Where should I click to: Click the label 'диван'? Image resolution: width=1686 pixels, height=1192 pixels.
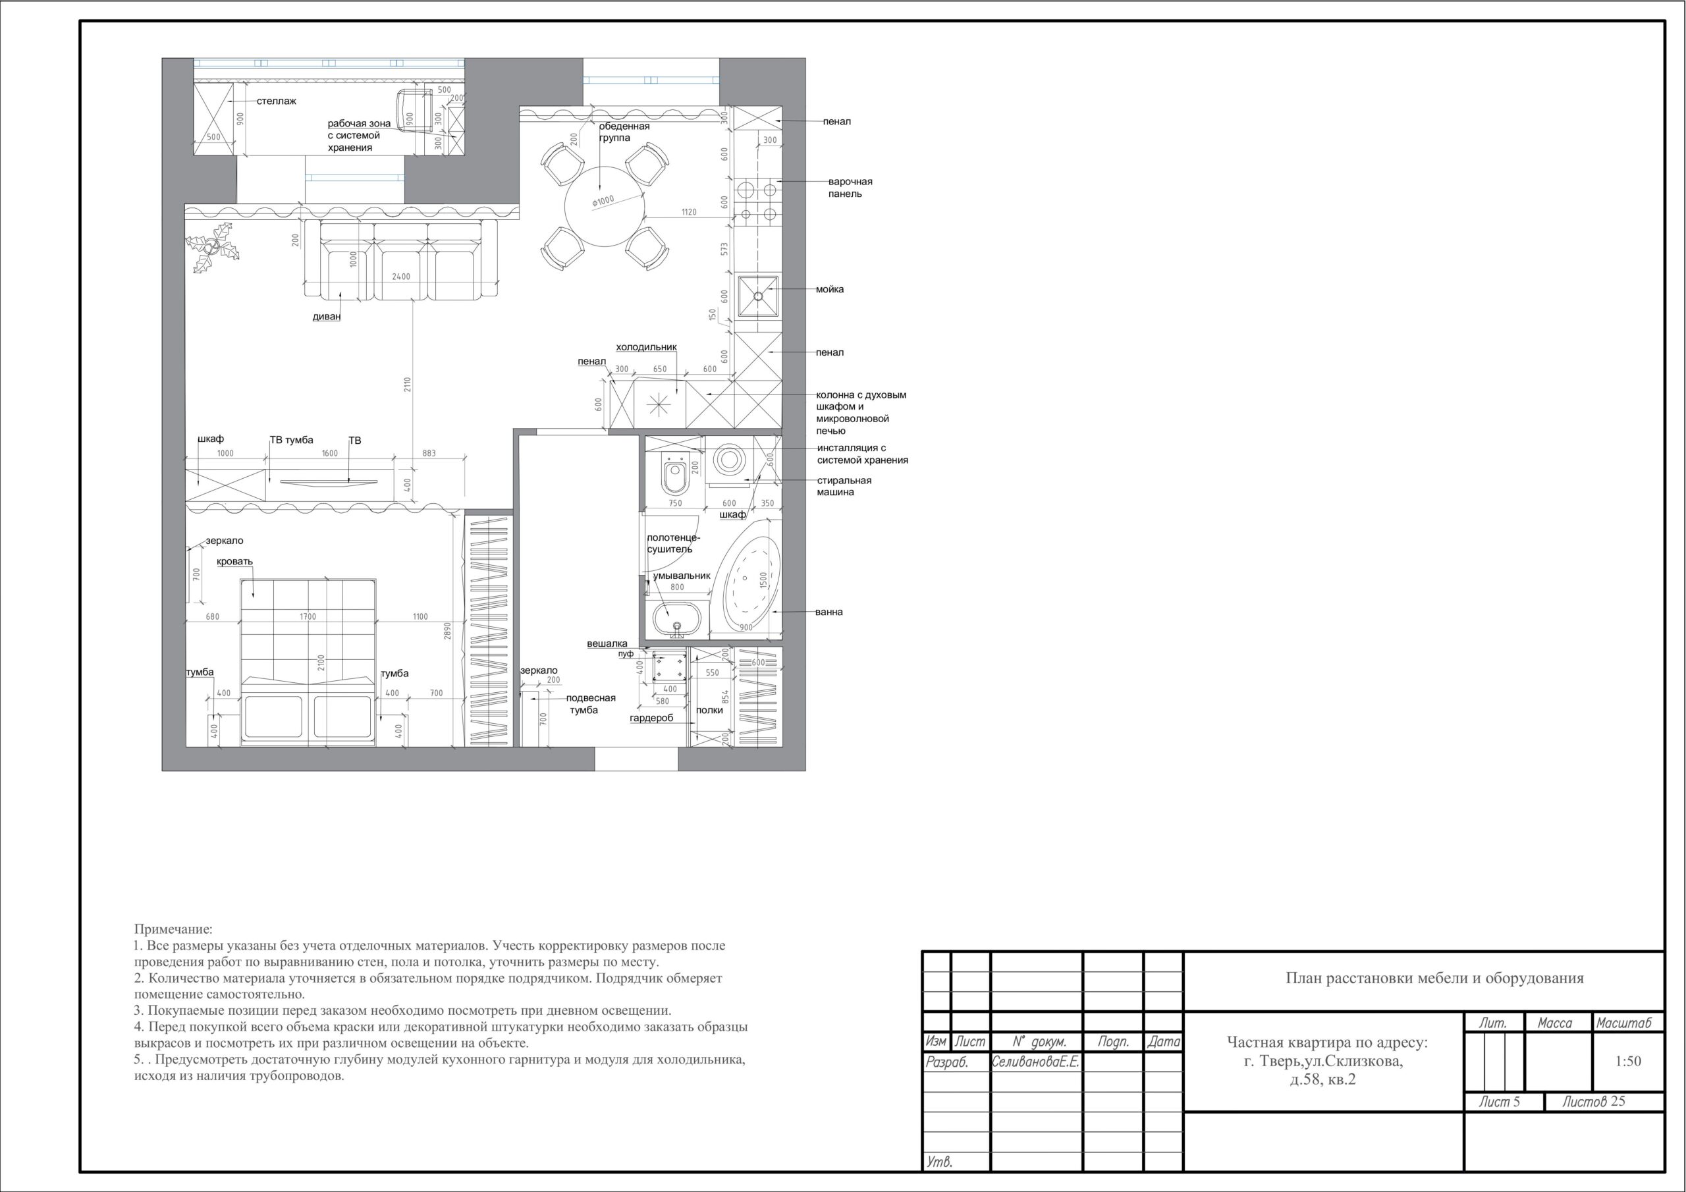(x=327, y=317)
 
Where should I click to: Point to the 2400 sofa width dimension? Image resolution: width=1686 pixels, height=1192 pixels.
(x=401, y=277)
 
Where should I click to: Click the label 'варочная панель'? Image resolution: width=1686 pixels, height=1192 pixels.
(x=850, y=187)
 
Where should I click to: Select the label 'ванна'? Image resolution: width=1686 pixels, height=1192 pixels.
(x=829, y=612)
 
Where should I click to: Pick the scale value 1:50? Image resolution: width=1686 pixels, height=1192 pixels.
(x=1628, y=1061)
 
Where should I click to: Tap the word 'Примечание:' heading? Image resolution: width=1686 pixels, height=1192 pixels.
(x=173, y=930)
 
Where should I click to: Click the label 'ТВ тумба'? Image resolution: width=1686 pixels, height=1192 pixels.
(x=292, y=440)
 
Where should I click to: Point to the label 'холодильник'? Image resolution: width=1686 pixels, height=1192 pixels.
(x=646, y=346)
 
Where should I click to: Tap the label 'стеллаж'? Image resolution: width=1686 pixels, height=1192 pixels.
(x=277, y=101)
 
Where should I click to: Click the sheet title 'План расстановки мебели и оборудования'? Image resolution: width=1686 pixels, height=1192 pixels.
(x=1435, y=978)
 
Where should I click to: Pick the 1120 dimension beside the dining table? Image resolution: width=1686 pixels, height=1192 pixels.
(x=688, y=212)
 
